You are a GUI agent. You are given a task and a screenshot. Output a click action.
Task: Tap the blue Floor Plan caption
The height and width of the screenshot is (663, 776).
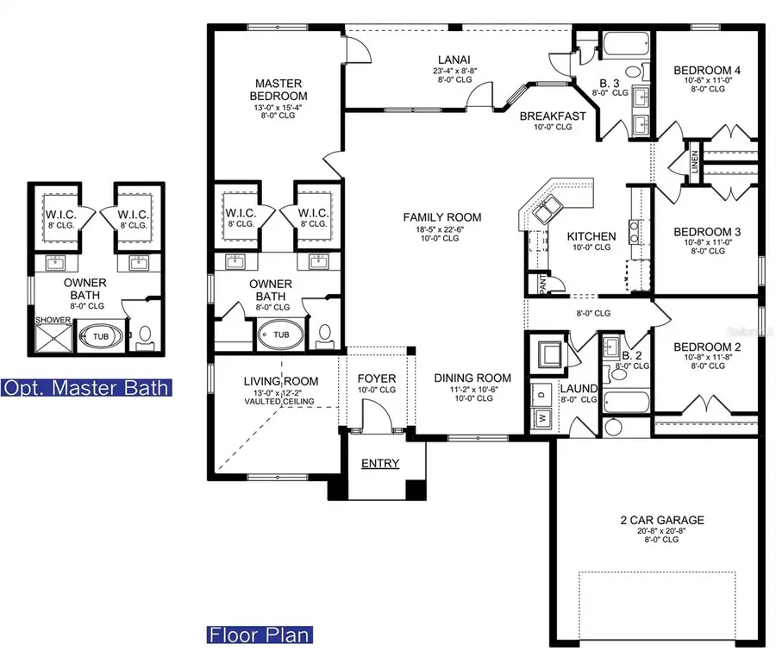260,636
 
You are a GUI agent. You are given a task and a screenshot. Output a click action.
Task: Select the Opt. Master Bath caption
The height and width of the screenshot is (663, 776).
85,387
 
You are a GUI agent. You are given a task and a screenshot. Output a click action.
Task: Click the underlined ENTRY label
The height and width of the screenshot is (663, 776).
380,464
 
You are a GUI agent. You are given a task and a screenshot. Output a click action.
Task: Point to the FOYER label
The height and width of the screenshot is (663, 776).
377,378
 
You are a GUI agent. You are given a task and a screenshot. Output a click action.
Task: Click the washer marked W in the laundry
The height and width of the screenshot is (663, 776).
542,416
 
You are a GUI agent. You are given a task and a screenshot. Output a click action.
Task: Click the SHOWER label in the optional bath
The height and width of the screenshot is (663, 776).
51,320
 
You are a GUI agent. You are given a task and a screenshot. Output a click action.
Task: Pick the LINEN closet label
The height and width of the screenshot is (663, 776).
695,170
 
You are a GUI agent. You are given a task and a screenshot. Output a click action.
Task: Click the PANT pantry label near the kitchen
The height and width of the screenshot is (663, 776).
541,281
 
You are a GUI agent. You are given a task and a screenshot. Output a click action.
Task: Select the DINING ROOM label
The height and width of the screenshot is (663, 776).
472,378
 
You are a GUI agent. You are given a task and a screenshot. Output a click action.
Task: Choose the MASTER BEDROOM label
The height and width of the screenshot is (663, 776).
278,89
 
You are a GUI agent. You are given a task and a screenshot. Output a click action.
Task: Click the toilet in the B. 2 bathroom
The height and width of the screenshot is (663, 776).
613,428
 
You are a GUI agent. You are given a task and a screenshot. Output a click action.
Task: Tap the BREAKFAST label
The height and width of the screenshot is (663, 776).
553,116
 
